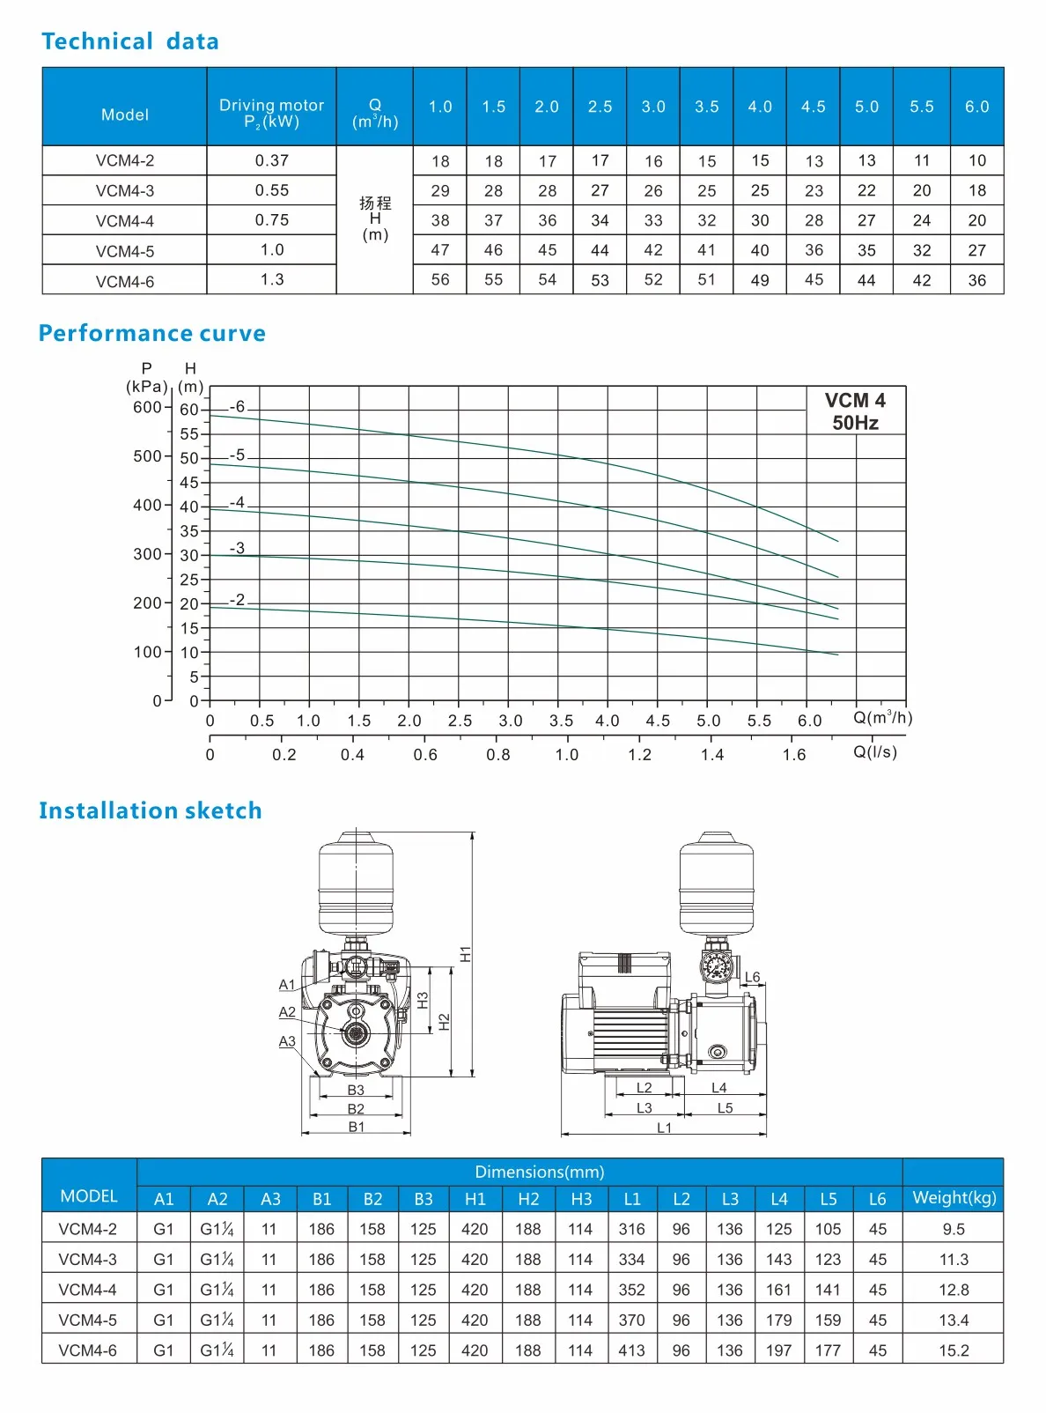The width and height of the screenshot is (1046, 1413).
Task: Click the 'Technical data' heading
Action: pyautogui.click(x=130, y=41)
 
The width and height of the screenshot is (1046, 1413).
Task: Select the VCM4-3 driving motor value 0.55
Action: pyautogui.click(x=272, y=190)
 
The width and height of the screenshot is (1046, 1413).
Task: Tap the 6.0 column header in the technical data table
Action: pyautogui.click(x=976, y=107)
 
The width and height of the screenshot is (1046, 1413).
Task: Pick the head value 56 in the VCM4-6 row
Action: pyautogui.click(x=440, y=279)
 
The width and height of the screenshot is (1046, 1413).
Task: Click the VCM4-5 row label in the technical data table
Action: pyautogui.click(x=125, y=251)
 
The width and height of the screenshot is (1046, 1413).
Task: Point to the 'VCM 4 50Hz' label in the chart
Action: pyautogui.click(x=855, y=411)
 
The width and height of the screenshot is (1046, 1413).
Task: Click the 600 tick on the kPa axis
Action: pyautogui.click(x=147, y=407)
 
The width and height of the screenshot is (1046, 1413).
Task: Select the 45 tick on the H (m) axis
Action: pyautogui.click(x=189, y=482)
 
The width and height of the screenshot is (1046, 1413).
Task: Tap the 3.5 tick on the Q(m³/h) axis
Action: pyautogui.click(x=561, y=721)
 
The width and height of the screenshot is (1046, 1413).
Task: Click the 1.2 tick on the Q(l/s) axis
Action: pyautogui.click(x=640, y=755)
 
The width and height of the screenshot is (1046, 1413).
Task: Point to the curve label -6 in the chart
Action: pyautogui.click(x=237, y=407)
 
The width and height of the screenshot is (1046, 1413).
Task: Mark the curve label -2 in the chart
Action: pyautogui.click(x=237, y=600)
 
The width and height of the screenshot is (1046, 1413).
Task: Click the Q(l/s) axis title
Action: pyautogui.click(x=875, y=751)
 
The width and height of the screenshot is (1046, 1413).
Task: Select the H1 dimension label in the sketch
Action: pyautogui.click(x=466, y=954)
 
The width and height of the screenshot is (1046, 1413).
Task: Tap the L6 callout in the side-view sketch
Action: pyautogui.click(x=752, y=977)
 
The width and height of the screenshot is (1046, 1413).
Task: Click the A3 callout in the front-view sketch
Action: pyautogui.click(x=287, y=1041)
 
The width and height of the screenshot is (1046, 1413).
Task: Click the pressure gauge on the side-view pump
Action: pyautogui.click(x=716, y=966)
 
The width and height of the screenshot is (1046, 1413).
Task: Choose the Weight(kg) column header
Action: pyautogui.click(x=954, y=1198)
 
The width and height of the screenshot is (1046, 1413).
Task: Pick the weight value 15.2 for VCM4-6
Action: pyautogui.click(x=954, y=1350)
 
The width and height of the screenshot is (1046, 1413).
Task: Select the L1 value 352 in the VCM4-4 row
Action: pyautogui.click(x=631, y=1290)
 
